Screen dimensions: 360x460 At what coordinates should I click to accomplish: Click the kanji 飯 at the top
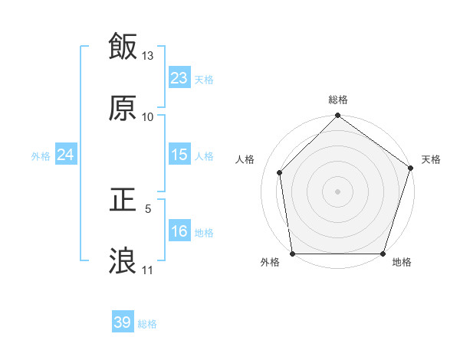coord(123,47)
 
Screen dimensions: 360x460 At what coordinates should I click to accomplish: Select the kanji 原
coord(123,109)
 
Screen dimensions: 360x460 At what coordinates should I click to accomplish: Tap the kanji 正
coord(123,201)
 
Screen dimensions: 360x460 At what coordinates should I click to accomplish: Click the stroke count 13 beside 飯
coord(148,56)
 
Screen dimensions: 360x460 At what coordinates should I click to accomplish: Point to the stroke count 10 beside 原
coord(148,117)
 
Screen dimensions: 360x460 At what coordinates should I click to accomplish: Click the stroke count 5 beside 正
coord(148,208)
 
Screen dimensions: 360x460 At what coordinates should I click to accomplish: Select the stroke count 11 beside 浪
coord(148,270)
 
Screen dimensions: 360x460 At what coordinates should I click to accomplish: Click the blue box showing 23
coord(179,78)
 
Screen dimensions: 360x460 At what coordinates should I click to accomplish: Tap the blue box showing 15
coord(179,155)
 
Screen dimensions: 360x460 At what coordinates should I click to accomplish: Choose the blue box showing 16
coord(179,231)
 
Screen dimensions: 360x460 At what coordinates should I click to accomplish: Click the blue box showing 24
coord(66,155)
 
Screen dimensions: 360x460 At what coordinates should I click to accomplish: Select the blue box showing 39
coord(123,322)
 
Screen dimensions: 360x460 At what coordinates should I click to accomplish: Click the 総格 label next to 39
coord(147,324)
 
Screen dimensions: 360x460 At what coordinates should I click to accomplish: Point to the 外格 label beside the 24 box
coord(41,156)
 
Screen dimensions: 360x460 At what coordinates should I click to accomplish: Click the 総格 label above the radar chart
coord(338,100)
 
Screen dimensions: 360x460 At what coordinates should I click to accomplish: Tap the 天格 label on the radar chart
coord(432,159)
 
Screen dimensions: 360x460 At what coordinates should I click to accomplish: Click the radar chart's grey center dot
coord(338,191)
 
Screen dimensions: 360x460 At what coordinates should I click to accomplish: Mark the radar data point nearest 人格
coord(280,172)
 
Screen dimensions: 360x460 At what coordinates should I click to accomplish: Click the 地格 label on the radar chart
coord(402,263)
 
